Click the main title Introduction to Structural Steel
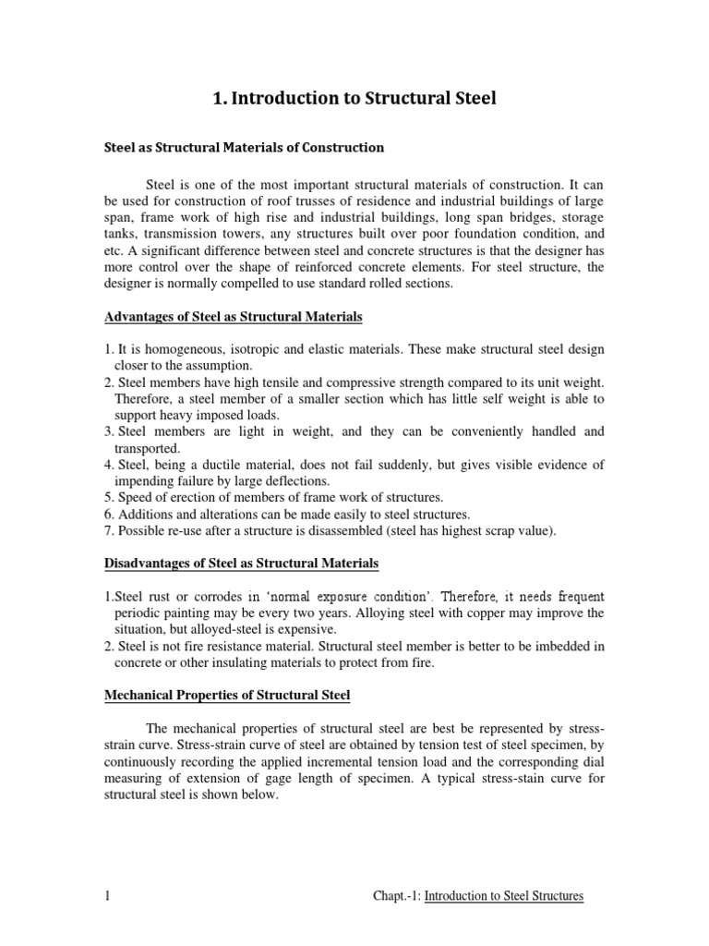[354, 98]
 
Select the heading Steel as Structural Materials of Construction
[243, 147]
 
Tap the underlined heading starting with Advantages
[233, 317]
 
